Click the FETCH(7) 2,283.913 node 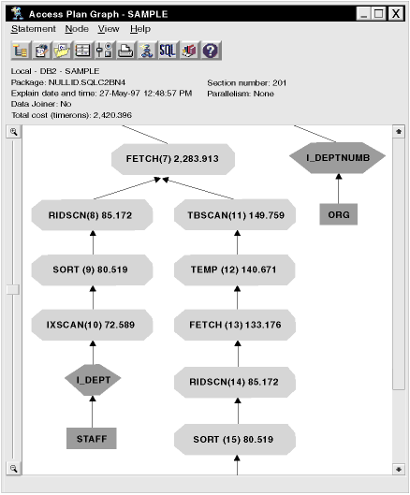[173, 159]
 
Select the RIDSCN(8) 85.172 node [92, 215]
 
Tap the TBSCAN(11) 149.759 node [235, 215]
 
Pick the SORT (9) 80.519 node [92, 269]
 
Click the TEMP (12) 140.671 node [235, 269]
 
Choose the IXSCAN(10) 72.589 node [92, 325]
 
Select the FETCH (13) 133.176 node [235, 325]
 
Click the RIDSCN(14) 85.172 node [235, 382]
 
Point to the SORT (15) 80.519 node [235, 440]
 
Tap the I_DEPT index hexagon [93, 380]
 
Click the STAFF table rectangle [92, 439]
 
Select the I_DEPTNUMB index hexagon [337, 157]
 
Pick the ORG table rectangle [339, 214]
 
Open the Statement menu [33, 29]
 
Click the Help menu [140, 29]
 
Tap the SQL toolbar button [168, 51]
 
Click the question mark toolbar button [211, 51]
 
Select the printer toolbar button [125, 51]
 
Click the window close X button [395, 14]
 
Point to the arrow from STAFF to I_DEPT [93, 412]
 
